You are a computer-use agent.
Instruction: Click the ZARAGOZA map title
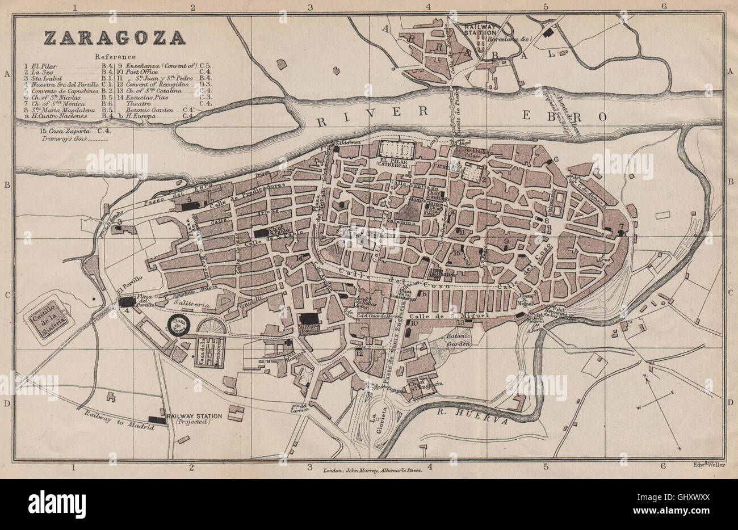tap(115, 38)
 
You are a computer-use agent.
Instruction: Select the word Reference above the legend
tap(115, 57)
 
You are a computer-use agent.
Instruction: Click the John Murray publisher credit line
tap(372, 470)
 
